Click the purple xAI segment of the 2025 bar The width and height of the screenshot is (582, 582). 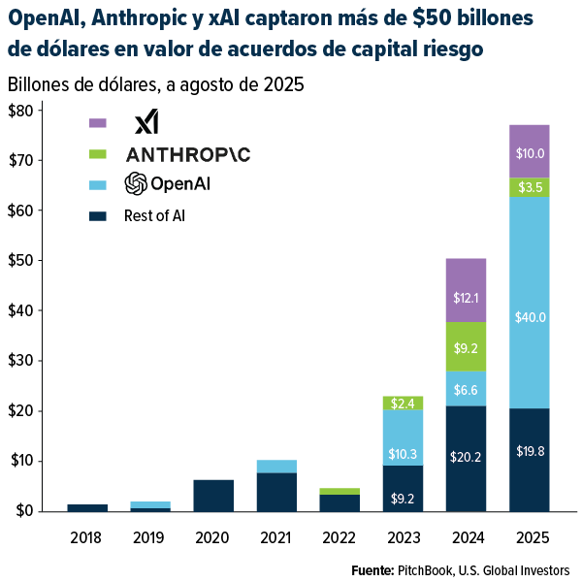point(529,151)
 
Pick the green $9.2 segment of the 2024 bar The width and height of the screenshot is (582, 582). point(466,346)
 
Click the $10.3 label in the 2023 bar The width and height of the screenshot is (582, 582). point(403,427)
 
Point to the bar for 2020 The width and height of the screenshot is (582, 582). point(213,495)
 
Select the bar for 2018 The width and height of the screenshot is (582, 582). point(87,507)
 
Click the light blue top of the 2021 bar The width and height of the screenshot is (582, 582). point(276,467)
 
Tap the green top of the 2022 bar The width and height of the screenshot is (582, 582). point(339,491)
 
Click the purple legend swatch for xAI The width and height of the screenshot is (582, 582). point(97,123)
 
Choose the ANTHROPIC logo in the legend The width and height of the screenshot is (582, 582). point(188,154)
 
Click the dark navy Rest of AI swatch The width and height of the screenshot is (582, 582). point(97,214)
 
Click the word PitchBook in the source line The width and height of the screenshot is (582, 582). point(421,569)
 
